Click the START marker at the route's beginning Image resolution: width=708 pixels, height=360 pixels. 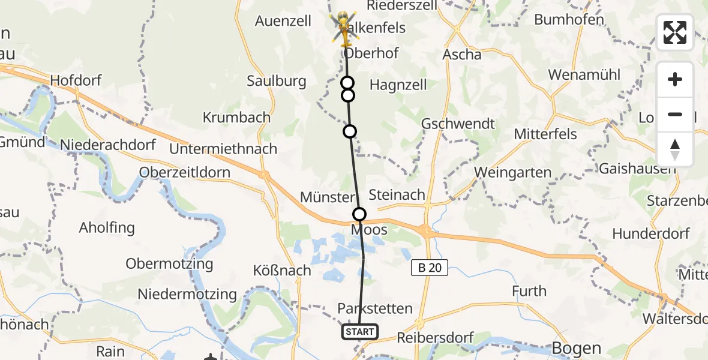click(x=360, y=331)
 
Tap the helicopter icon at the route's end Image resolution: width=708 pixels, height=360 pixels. click(x=344, y=28)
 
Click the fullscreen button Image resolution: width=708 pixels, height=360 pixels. click(x=675, y=32)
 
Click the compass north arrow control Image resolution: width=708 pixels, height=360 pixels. click(x=675, y=149)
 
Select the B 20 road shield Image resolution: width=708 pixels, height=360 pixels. click(x=430, y=268)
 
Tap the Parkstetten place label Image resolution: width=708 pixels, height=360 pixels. click(x=375, y=308)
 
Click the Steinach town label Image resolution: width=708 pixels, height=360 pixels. click(x=397, y=194)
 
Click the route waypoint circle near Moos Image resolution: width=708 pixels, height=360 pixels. click(x=359, y=214)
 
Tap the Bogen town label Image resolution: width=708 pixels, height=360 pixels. click(x=576, y=348)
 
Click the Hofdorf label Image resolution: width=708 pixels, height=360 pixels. click(x=76, y=80)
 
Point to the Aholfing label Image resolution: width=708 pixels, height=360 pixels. click(x=107, y=228)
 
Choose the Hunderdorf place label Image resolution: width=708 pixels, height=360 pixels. click(x=650, y=233)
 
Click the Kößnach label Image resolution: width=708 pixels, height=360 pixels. click(x=282, y=270)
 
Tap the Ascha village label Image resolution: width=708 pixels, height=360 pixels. click(x=461, y=54)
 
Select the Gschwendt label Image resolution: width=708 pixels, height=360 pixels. click(x=458, y=124)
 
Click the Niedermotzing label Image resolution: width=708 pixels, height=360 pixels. click(x=187, y=294)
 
